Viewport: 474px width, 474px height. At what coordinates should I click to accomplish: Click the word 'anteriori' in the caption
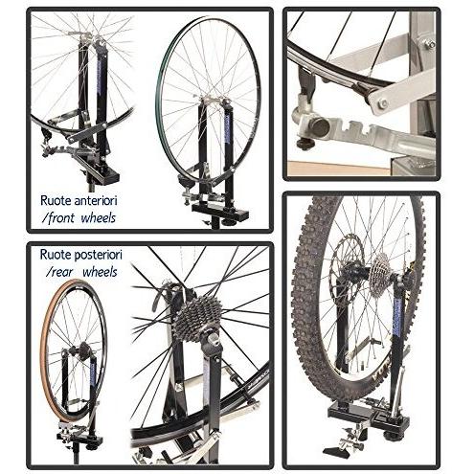[x=96, y=200]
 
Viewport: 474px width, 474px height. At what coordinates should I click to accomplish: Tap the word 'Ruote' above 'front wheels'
[x=56, y=200]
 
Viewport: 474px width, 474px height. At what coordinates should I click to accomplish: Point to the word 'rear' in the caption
[x=59, y=272]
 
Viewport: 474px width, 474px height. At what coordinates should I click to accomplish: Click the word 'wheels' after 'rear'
[x=100, y=272]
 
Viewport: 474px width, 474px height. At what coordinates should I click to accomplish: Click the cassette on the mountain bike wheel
[x=380, y=270]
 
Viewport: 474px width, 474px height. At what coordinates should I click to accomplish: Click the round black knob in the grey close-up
[x=320, y=126]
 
